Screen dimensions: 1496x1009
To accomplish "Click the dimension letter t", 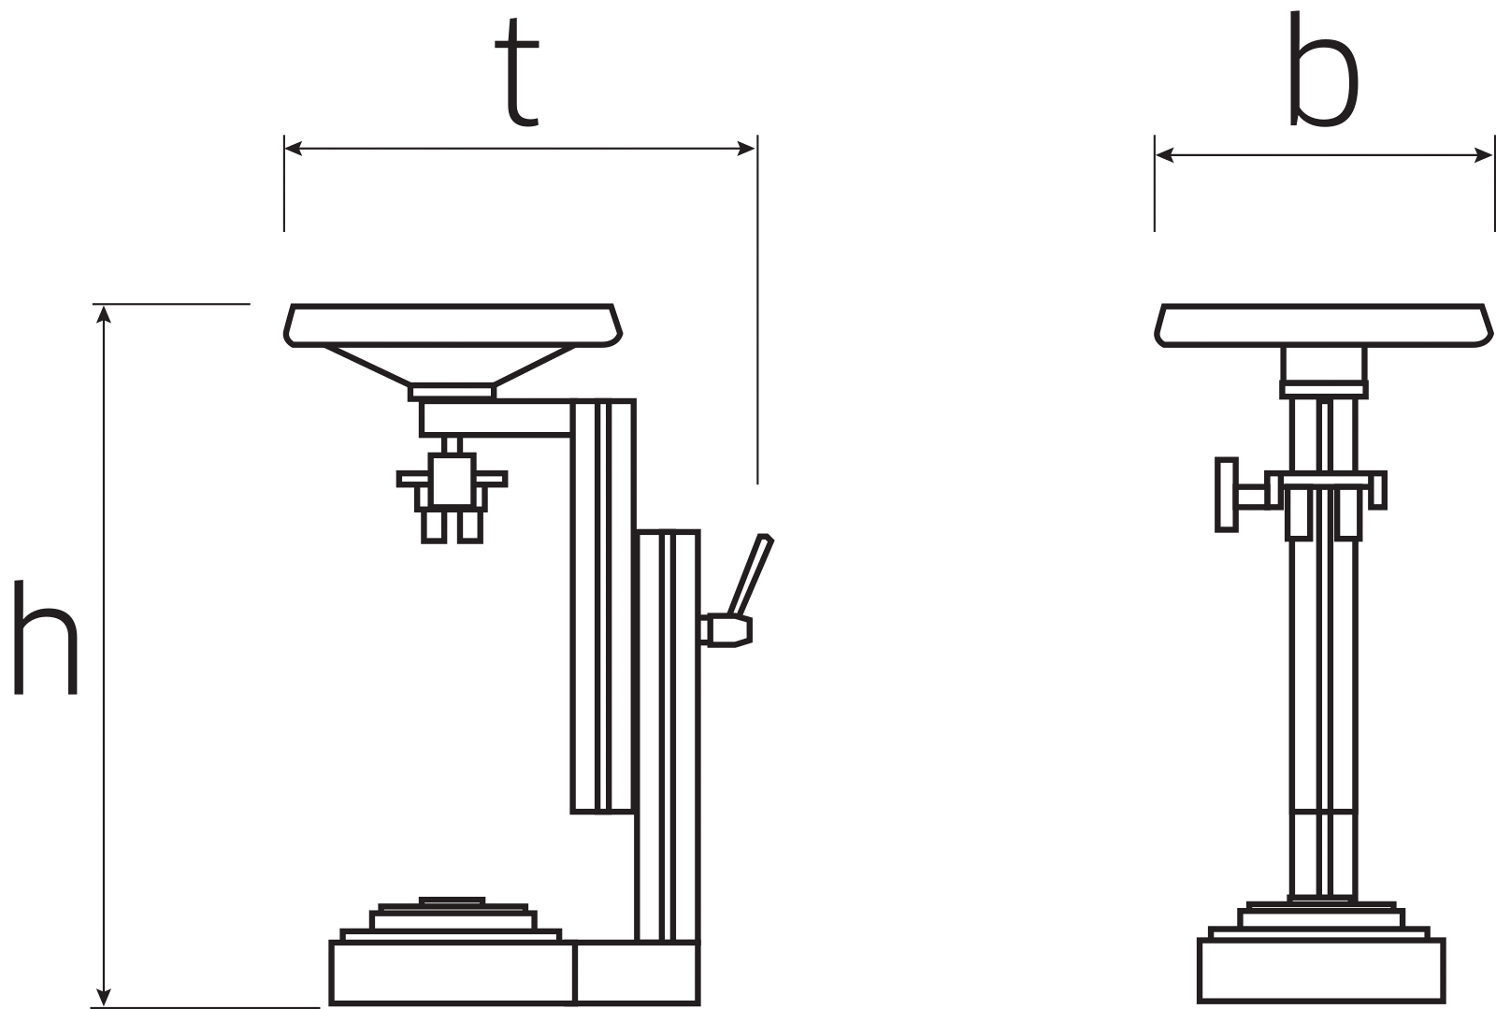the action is coord(517,72).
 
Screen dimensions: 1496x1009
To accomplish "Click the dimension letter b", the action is coord(1323,68).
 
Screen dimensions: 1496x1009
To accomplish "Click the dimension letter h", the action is coord(46,637).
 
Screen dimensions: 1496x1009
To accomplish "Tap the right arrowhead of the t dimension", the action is coord(746,149).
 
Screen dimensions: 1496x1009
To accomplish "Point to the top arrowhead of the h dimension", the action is coord(104,314).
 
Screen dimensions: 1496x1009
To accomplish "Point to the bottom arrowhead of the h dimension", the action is coord(104,996).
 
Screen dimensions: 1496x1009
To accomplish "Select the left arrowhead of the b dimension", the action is coord(1165,155).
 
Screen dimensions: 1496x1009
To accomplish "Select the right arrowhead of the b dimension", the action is coord(1483,155).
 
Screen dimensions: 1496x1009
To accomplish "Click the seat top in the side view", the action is coord(453,325).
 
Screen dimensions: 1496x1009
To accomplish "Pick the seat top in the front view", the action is coord(1324,325).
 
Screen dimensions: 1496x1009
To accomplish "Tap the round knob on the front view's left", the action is coord(1227,495).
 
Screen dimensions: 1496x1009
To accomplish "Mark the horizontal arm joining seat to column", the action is coord(496,419).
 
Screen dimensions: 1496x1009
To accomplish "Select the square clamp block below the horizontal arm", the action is coord(453,480).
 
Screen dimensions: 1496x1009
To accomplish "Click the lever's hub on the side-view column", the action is coord(726,630).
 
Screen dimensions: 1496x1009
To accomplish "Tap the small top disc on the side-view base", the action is coord(453,901).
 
